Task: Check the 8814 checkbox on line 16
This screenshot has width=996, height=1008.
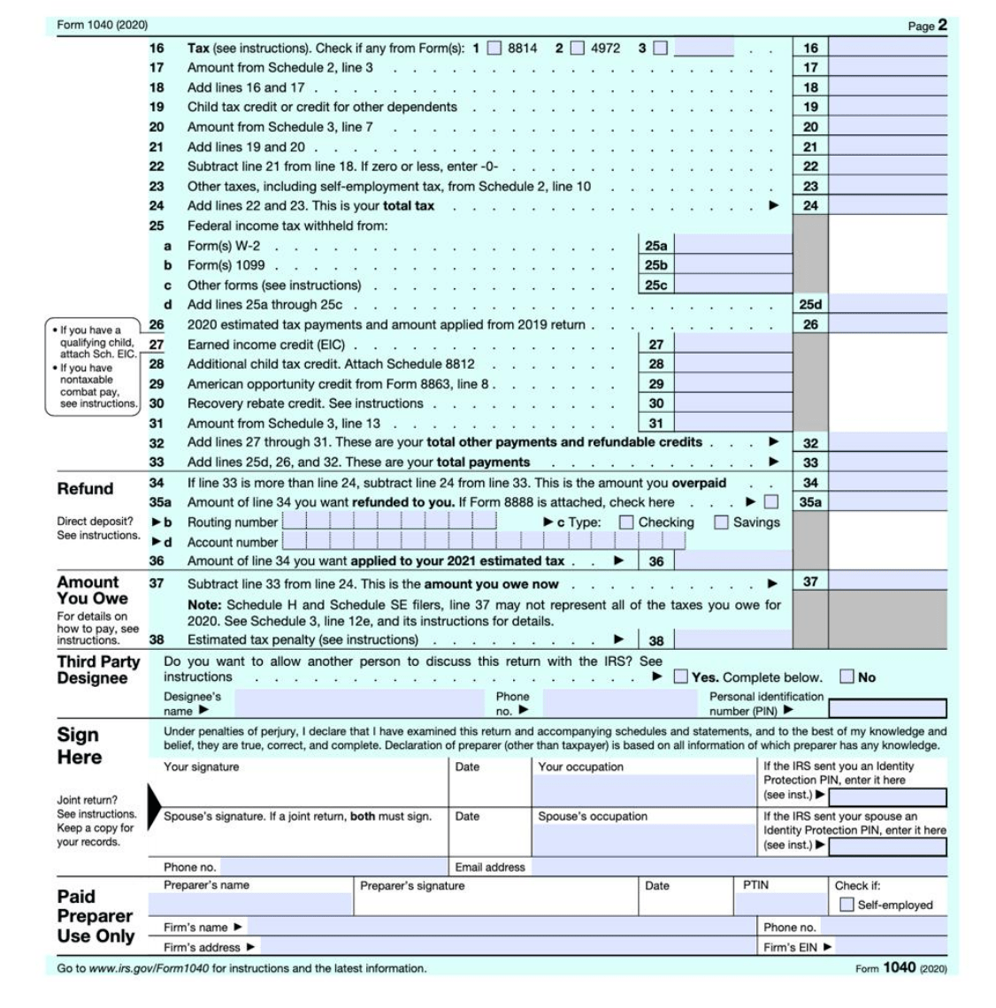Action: click(495, 48)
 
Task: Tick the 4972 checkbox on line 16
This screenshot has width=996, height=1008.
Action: click(578, 48)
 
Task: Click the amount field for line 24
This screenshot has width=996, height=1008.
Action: click(887, 206)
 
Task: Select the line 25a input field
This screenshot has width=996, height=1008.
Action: click(732, 246)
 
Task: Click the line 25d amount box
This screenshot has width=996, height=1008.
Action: click(887, 305)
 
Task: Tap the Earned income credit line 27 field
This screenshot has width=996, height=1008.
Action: click(732, 345)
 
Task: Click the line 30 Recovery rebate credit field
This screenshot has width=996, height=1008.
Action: click(732, 403)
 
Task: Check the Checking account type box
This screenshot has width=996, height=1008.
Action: click(626, 523)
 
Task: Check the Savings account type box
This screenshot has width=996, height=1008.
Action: click(721, 523)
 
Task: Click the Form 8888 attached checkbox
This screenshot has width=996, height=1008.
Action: click(771, 502)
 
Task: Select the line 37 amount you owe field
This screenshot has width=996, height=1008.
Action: click(887, 582)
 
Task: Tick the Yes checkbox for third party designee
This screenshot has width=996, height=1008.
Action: click(680, 677)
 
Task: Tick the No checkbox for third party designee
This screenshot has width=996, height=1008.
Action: click(847, 677)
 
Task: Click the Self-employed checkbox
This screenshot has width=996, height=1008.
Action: click(847, 905)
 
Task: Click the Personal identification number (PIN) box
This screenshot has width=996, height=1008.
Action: click(886, 709)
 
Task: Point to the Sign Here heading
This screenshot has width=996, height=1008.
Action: click(80, 746)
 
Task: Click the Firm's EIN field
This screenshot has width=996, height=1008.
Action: click(890, 947)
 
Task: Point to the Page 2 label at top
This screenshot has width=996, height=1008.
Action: click(927, 26)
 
